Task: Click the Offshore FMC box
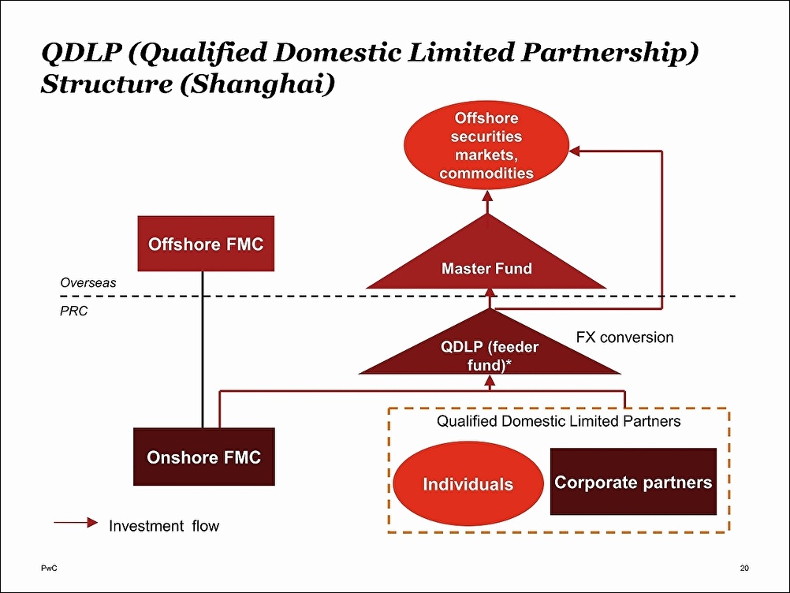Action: [x=206, y=244]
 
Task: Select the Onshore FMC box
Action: [x=204, y=457]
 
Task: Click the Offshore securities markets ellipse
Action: [x=486, y=146]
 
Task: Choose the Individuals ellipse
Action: [x=468, y=483]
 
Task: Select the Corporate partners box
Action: [x=633, y=482]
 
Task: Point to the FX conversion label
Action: [x=624, y=337]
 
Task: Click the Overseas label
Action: [x=88, y=282]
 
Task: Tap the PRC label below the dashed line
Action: [x=73, y=311]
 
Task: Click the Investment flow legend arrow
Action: [x=76, y=523]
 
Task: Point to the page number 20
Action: [x=744, y=568]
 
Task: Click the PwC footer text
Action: [x=49, y=568]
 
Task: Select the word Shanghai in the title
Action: [x=258, y=84]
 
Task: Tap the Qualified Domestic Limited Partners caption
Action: [x=559, y=421]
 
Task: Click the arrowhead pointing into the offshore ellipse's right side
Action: [x=574, y=151]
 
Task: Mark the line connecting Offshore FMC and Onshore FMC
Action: [x=203, y=349]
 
